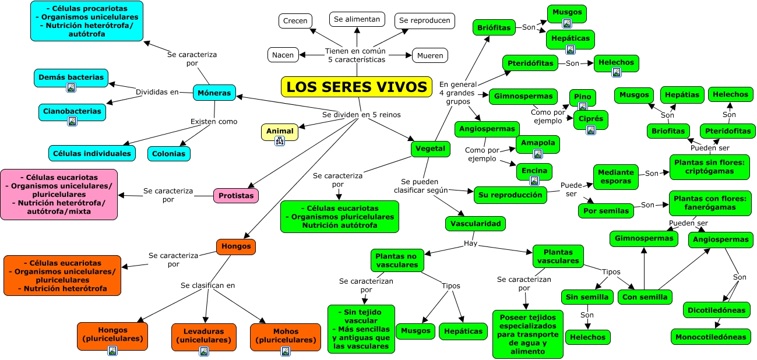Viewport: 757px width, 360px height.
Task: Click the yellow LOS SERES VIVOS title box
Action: tap(357, 87)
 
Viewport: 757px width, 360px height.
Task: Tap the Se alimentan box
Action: tap(357, 19)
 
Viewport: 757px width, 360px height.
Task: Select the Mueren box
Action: tap(430, 56)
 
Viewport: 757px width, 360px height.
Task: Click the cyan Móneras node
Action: tap(214, 93)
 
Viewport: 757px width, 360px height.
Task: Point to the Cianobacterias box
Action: tap(72, 111)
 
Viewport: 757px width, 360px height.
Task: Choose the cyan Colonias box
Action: tap(168, 154)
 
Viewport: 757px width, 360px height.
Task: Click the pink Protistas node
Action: tap(235, 196)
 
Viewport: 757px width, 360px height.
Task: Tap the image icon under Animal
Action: tap(279, 140)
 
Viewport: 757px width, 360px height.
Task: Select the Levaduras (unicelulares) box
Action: tap(203, 335)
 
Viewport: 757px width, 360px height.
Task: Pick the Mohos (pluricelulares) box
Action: tap(286, 335)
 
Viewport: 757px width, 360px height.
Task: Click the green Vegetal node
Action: tap(431, 149)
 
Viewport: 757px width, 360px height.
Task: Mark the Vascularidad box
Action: tap(476, 223)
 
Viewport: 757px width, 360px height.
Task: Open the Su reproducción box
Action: tap(510, 195)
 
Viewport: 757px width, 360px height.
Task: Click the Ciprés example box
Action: tap(590, 119)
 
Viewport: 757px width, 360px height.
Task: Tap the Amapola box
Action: tap(537, 143)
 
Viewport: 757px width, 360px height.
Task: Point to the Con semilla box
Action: tap(645, 297)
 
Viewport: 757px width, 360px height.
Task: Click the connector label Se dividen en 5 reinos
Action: tap(361, 114)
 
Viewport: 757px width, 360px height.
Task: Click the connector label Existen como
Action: tap(214, 121)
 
